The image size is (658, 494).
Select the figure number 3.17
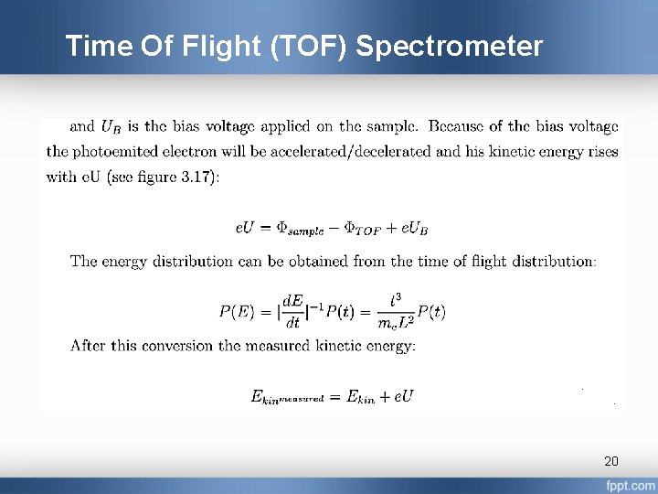tap(193, 177)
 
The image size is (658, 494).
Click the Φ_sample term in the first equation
tap(309, 226)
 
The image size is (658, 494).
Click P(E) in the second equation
tap(237, 311)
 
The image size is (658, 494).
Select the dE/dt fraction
tap(292, 311)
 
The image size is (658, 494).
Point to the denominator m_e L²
tap(395, 323)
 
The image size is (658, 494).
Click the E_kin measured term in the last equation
tap(288, 397)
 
